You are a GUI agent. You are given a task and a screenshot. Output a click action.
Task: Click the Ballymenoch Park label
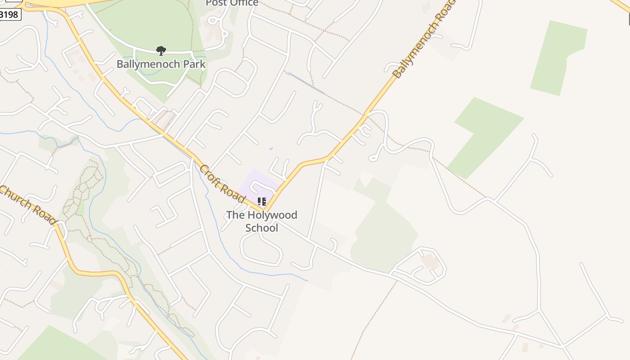[161, 64]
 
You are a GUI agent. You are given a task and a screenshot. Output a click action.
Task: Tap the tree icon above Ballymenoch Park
[161, 50]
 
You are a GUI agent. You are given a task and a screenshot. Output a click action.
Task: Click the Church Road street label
[28, 205]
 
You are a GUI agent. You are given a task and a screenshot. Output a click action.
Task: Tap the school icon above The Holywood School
[262, 201]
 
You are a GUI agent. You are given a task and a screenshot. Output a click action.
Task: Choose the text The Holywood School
[261, 221]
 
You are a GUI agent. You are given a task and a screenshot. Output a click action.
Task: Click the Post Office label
[232, 3]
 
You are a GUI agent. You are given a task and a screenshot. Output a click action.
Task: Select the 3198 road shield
[10, 14]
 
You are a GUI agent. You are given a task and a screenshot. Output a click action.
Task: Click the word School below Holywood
[261, 228]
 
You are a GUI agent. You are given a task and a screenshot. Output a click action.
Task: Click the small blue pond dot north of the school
[270, 148]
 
